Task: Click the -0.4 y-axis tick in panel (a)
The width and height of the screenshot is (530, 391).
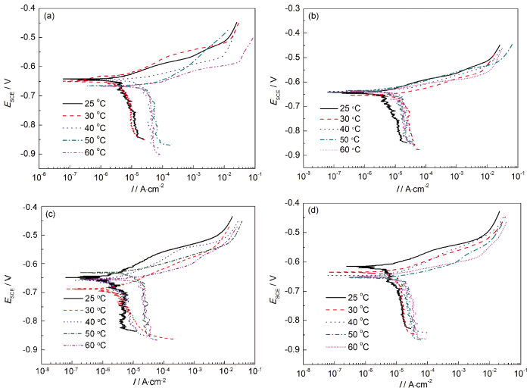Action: pyautogui.click(x=28, y=8)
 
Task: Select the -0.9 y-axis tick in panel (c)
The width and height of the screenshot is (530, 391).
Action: pyautogui.click(x=27, y=350)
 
